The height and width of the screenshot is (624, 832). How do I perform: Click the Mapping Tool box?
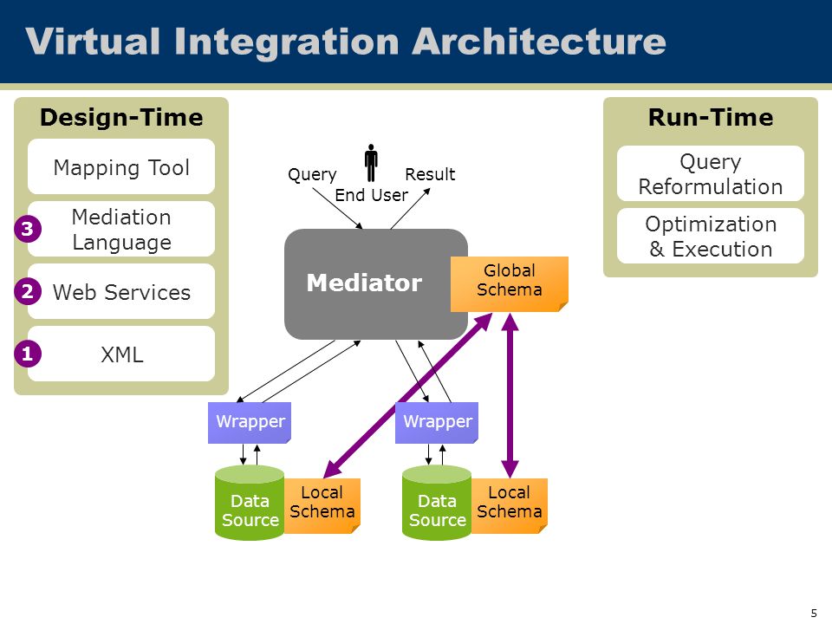[x=121, y=166]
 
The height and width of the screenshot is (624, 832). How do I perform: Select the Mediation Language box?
[x=121, y=229]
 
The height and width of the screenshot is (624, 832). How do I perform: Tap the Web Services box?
[x=121, y=291]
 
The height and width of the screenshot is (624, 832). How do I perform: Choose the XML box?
[x=121, y=354]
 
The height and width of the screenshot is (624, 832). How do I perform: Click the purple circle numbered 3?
[x=28, y=229]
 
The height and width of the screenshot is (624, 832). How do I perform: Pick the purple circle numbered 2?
[x=28, y=291]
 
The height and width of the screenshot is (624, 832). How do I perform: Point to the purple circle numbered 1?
[x=28, y=354]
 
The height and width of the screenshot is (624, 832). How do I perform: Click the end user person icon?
[x=371, y=163]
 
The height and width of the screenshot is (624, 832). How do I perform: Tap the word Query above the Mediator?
[x=312, y=174]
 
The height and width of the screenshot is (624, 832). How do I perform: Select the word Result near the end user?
[x=430, y=174]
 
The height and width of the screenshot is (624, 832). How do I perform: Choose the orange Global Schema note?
[x=510, y=284]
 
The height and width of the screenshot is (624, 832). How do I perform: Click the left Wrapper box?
[x=250, y=422]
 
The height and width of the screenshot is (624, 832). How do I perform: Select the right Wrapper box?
[x=437, y=422]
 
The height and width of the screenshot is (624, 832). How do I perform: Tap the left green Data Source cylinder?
[x=250, y=503]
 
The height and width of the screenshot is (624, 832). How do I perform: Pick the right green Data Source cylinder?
[x=437, y=503]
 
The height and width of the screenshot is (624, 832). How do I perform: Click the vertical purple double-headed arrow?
[x=510, y=395]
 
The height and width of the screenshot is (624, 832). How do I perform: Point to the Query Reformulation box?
[x=711, y=173]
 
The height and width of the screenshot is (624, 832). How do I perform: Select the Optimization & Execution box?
[x=711, y=236]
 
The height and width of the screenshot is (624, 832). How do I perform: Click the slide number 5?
[x=814, y=614]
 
